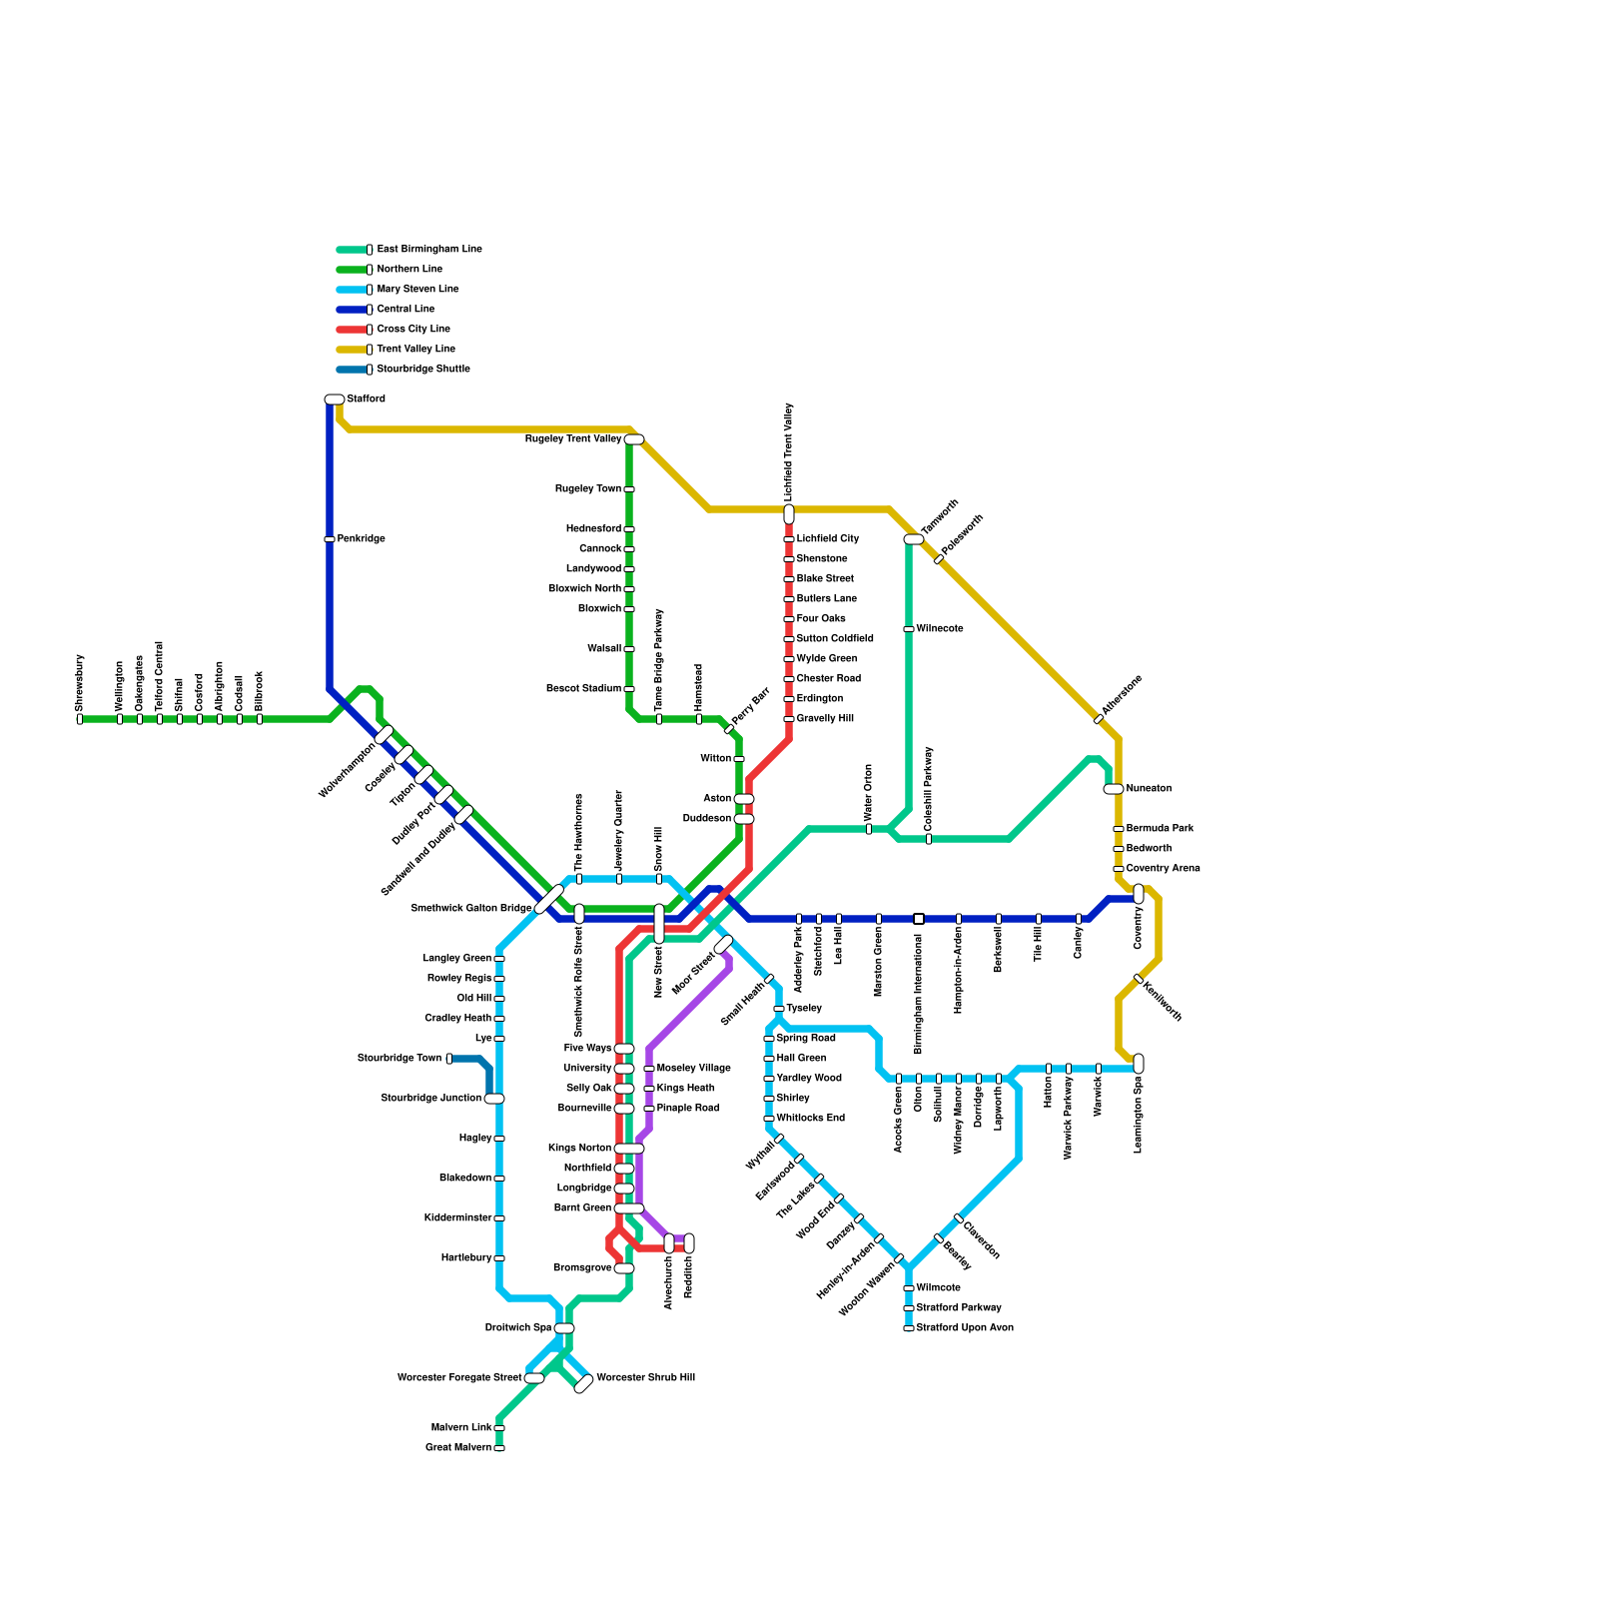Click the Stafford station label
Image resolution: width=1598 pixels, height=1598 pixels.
pyautogui.click(x=366, y=399)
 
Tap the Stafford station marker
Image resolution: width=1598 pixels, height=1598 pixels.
pyautogui.click(x=335, y=399)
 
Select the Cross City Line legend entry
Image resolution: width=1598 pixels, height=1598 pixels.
pyautogui.click(x=412, y=330)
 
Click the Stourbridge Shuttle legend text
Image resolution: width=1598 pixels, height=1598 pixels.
pyautogui.click(x=422, y=370)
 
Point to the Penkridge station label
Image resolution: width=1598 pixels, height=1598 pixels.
pyautogui.click(x=361, y=539)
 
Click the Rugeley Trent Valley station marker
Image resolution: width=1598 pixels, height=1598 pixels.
pyautogui.click(x=634, y=439)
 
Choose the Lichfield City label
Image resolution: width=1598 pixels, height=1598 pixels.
pyautogui.click(x=827, y=539)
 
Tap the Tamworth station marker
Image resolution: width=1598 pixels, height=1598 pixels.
pyautogui.click(x=914, y=539)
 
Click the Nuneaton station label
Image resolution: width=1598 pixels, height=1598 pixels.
pyautogui.click(x=1149, y=789)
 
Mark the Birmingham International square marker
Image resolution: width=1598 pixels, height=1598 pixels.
pyautogui.click(x=919, y=919)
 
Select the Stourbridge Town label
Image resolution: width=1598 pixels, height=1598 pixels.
pyautogui.click(x=399, y=1059)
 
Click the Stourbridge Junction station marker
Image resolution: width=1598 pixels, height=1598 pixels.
pyautogui.click(x=494, y=1099)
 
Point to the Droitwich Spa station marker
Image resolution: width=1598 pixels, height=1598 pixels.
pyautogui.click(x=564, y=1328)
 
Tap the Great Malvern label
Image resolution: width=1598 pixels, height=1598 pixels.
pyautogui.click(x=458, y=1448)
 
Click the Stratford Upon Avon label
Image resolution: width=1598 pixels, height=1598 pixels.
pyautogui.click(x=965, y=1328)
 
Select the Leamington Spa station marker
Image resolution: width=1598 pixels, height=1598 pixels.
pyautogui.click(x=1139, y=1064)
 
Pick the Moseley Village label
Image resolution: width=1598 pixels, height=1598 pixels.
pyautogui.click(x=693, y=1069)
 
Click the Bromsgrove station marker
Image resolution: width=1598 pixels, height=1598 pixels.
pyautogui.click(x=624, y=1268)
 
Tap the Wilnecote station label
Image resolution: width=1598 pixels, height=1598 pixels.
pyautogui.click(x=940, y=629)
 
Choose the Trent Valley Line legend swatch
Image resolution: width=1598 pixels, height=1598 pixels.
pyautogui.click(x=352, y=350)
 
